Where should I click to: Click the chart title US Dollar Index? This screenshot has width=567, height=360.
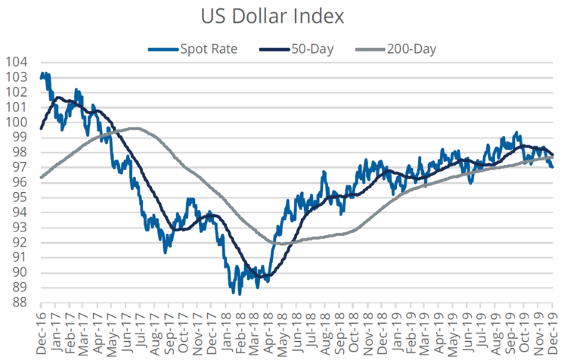tap(283, 15)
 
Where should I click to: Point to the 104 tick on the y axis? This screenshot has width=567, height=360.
tap(16, 62)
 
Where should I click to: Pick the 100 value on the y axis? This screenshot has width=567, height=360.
tap(16, 122)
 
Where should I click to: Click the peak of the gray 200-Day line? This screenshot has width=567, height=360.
tap(135, 128)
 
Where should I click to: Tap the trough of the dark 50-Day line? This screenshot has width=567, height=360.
tap(261, 278)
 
